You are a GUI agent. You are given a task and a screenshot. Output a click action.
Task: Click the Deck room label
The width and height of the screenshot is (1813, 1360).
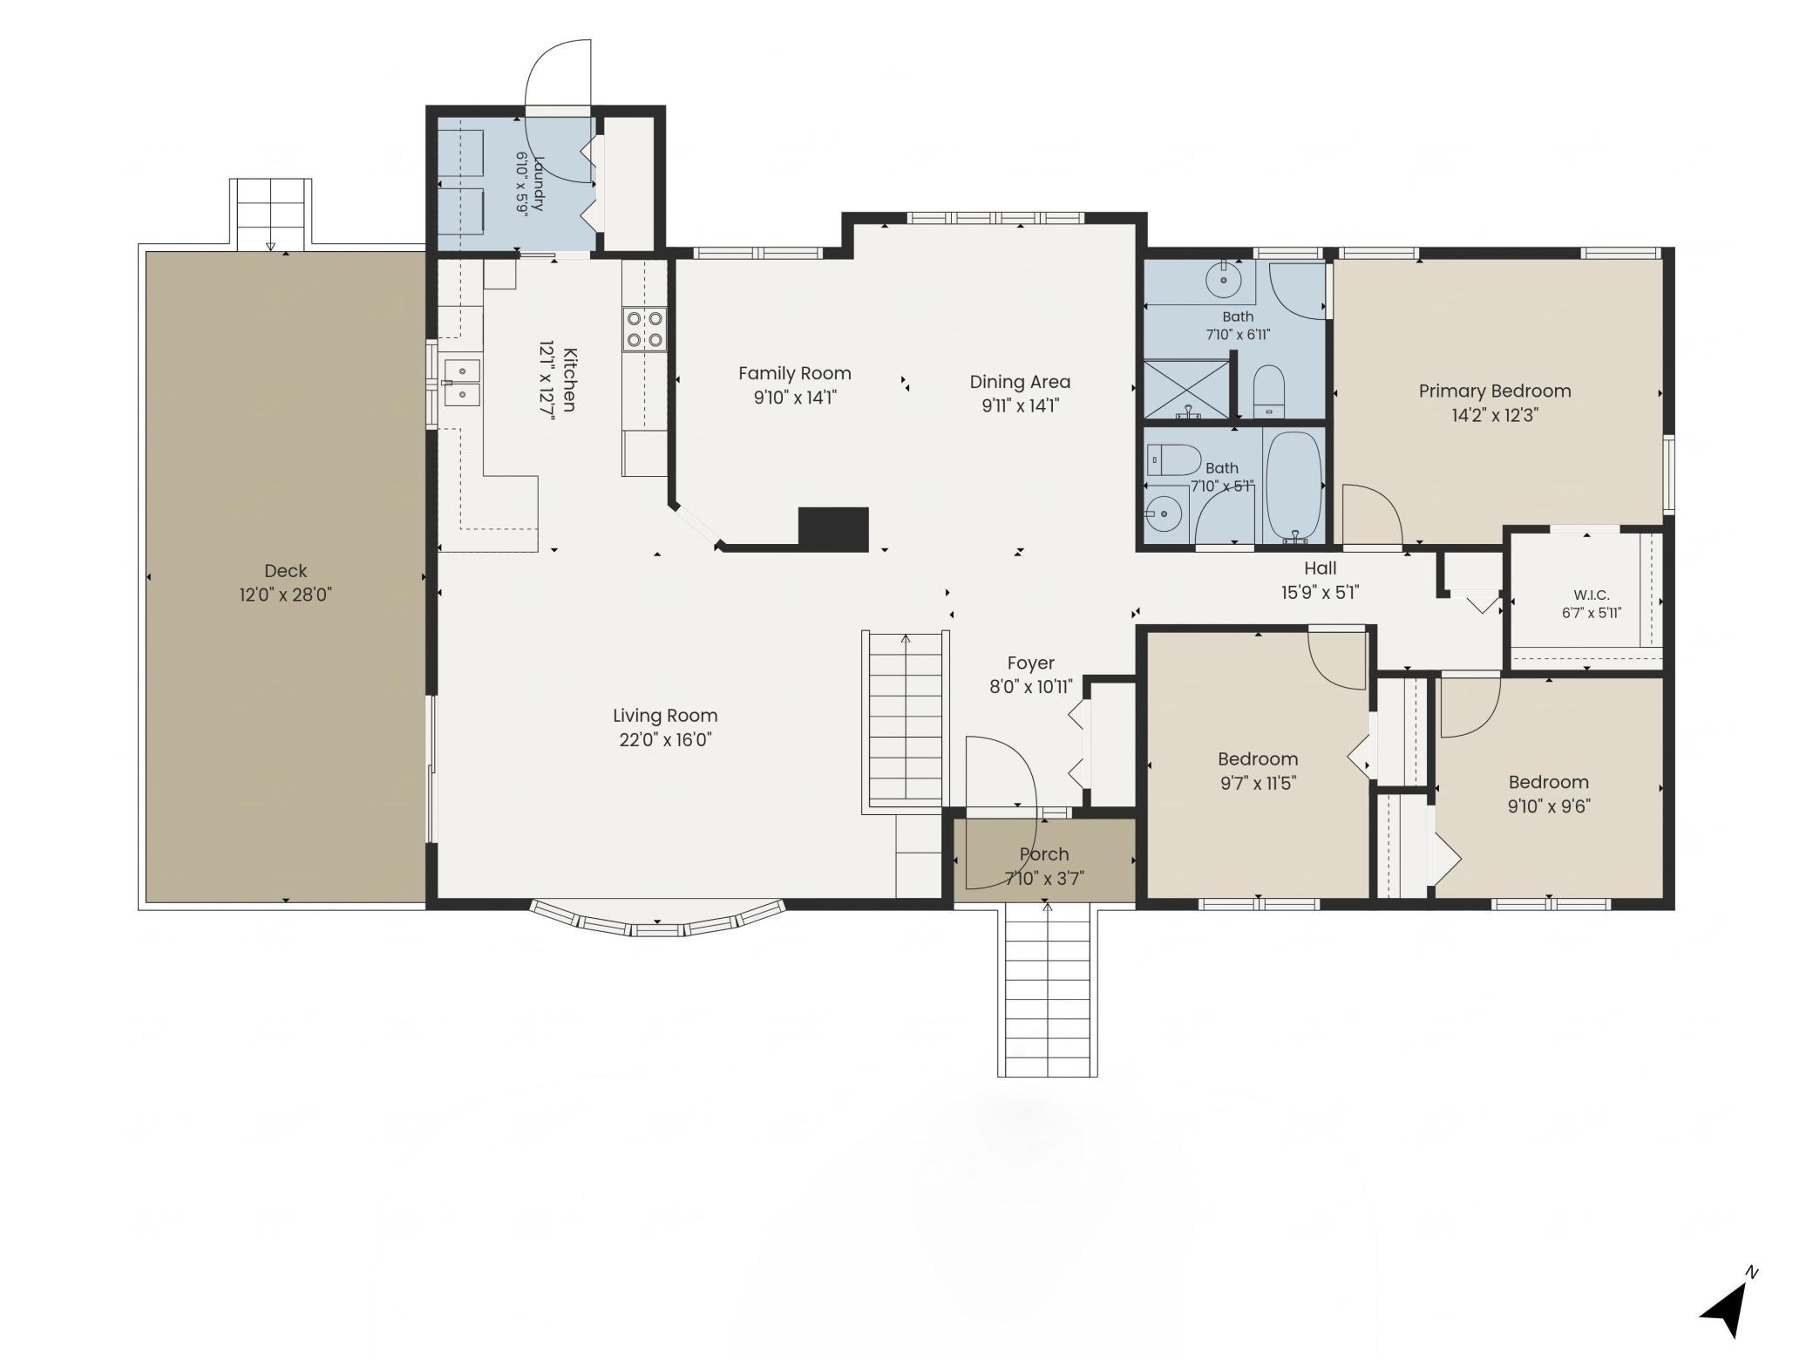click(x=286, y=571)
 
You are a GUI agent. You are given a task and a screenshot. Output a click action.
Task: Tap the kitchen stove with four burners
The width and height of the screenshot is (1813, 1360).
click(x=644, y=329)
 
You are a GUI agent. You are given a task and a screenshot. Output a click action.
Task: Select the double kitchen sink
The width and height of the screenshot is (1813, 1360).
click(x=461, y=384)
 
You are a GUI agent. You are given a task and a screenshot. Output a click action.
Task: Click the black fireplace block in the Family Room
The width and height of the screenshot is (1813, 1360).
click(x=833, y=529)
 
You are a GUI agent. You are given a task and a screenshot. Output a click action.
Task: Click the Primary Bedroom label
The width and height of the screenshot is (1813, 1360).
click(x=1495, y=391)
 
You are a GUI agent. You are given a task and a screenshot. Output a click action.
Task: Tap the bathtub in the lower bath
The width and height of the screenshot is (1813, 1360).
click(x=1294, y=486)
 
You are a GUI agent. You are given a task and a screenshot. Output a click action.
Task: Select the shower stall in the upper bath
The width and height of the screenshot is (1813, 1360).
click(x=1186, y=389)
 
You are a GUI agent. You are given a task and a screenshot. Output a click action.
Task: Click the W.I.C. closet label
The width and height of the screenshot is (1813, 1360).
click(x=1592, y=595)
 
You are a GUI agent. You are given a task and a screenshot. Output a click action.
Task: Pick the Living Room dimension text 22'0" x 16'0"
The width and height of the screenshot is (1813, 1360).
click(x=666, y=740)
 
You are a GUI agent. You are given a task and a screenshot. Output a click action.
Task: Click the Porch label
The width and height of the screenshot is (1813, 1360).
click(x=1044, y=854)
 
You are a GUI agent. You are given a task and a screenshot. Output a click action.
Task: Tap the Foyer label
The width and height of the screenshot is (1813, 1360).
click(x=1031, y=663)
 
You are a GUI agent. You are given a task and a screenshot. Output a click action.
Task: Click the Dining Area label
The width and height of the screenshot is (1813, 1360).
click(x=1020, y=382)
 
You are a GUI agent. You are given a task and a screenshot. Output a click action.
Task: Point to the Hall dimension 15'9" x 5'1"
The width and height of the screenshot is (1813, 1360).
click(x=1321, y=593)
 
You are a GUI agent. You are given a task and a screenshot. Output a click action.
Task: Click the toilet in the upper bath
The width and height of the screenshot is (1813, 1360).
click(x=1269, y=391)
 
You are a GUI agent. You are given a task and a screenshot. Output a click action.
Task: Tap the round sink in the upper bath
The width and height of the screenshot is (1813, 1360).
click(x=1224, y=281)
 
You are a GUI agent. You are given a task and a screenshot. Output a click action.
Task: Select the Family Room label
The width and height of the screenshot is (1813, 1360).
click(x=795, y=374)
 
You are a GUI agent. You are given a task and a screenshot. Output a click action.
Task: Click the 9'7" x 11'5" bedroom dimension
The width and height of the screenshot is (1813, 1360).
click(x=1258, y=783)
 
